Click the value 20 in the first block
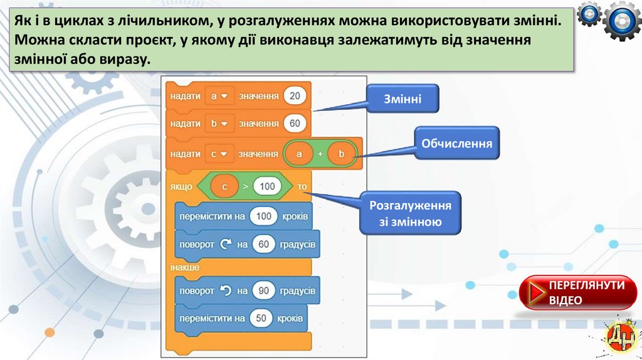[295, 96]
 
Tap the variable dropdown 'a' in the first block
[218, 96]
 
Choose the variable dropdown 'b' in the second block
[218, 124]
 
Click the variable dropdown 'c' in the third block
[218, 154]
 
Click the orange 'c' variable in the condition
[224, 186]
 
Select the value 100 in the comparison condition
[267, 186]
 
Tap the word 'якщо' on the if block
[181, 186]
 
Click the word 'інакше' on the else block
[184, 268]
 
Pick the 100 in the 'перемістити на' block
[263, 216]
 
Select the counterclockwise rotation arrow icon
[226, 291]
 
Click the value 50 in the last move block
[262, 319]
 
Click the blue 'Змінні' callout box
[403, 98]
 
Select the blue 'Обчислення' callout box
[456, 144]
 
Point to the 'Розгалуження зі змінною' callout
[411, 213]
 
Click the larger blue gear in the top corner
[621, 20]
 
